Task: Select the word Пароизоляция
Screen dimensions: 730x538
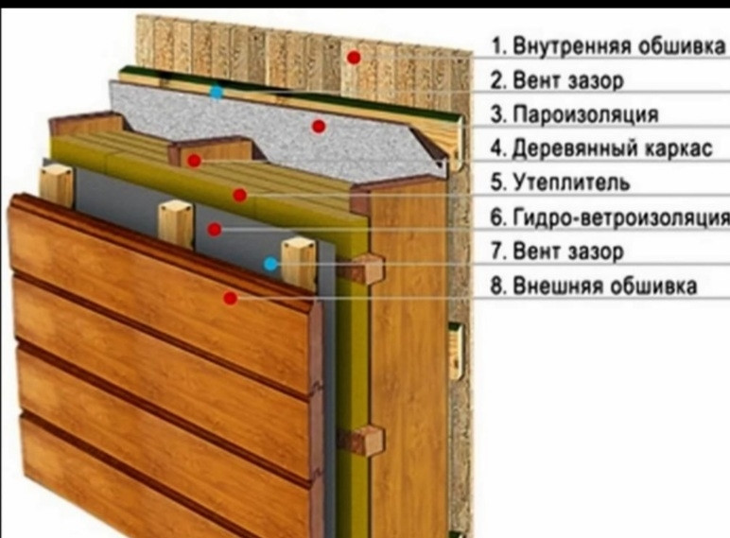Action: [x=585, y=115]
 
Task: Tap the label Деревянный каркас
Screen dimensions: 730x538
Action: [x=611, y=148]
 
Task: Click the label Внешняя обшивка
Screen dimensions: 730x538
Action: [x=605, y=285]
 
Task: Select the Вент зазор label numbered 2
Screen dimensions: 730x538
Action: [x=567, y=81]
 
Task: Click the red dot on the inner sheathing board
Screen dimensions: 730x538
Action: [x=354, y=58]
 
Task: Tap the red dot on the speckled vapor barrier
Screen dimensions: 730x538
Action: [x=319, y=126]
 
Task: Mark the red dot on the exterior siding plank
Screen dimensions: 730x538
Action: [x=230, y=298]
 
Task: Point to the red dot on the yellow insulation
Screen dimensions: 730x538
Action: [x=240, y=195]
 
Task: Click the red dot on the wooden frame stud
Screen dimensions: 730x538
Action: [x=194, y=161]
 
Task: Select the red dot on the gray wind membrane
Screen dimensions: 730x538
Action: [x=216, y=229]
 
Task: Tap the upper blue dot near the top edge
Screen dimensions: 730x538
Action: [x=217, y=92]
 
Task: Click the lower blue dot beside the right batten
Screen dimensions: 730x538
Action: [x=270, y=264]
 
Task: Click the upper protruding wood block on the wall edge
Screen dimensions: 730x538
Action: [x=364, y=269]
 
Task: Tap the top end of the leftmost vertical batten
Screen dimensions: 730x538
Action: [x=56, y=171]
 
